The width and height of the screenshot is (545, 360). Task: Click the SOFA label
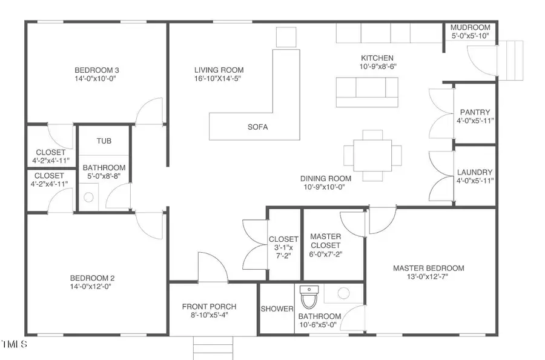pos(257,127)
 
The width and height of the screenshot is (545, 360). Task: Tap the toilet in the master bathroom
pos(309,298)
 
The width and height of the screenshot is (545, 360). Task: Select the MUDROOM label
pos(471,27)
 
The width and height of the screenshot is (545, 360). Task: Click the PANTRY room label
pos(475,112)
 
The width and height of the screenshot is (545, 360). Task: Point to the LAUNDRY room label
pos(474,172)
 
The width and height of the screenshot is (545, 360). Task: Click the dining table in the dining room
pos(372,155)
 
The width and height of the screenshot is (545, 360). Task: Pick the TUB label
pos(104,141)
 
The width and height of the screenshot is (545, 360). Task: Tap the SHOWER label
pos(277,309)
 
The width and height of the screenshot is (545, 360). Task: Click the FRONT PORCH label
pos(210,307)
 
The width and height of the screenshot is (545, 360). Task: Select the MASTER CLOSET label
pos(325,241)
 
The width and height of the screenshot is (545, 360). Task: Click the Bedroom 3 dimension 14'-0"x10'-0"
pos(95,79)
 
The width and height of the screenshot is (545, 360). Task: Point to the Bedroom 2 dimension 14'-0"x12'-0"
pos(91,287)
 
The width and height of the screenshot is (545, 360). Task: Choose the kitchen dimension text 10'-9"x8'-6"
pos(378,67)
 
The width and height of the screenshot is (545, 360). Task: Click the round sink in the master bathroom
pos(343,293)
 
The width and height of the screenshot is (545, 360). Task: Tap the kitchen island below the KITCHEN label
pos(367,92)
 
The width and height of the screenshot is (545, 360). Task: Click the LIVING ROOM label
pos(219,70)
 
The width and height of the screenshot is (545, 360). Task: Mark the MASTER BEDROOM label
pos(429,268)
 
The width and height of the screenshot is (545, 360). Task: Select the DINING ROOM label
pos(326,178)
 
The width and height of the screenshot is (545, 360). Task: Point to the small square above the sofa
pos(286,37)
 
